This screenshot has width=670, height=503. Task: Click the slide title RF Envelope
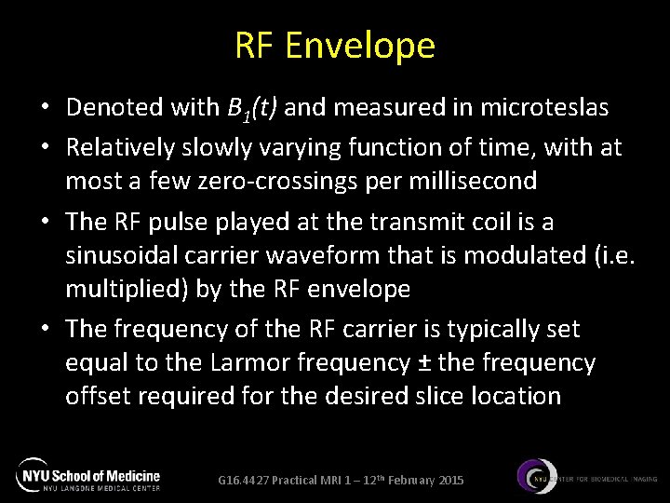coord(335,45)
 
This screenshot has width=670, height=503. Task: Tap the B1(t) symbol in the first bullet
coord(254,109)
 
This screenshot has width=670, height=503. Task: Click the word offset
coord(98,396)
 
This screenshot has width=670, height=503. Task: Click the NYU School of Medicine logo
coord(89,474)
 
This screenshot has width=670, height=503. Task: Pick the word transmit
coord(415,222)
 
